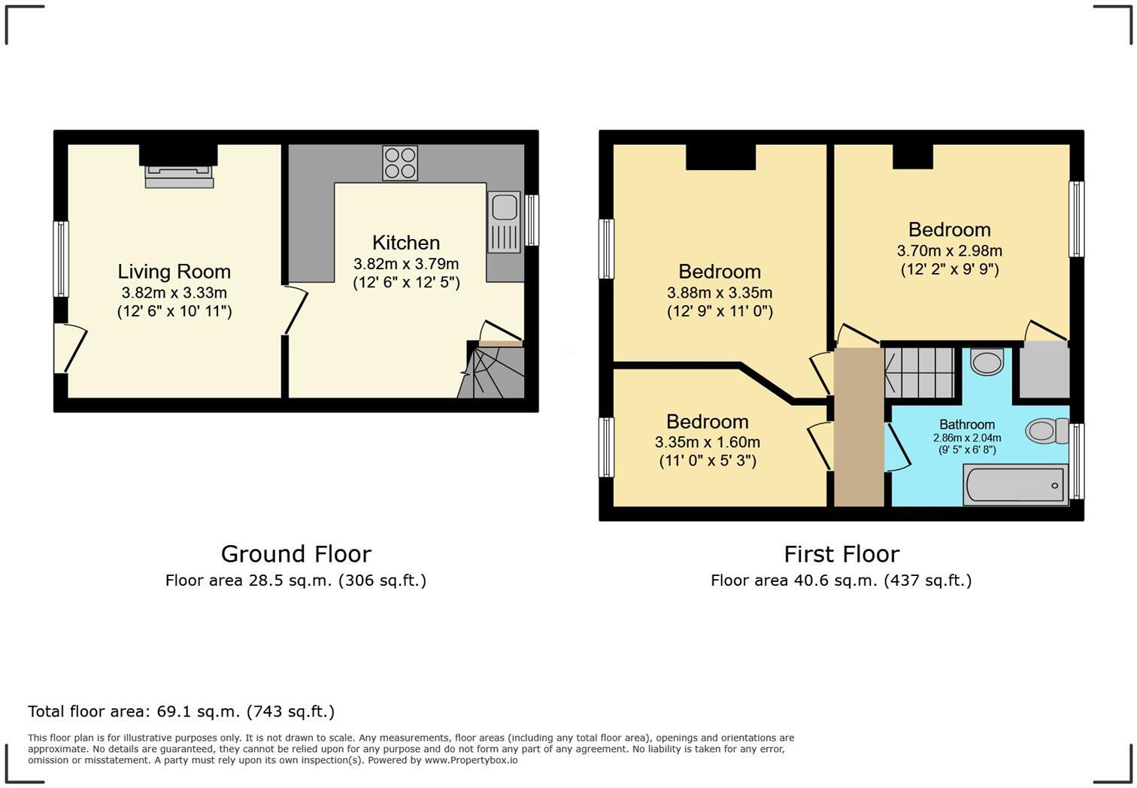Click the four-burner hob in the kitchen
pos(400,162)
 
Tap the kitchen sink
pos(503,222)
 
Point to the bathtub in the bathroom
pos(1015,485)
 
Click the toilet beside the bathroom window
pos(1047,431)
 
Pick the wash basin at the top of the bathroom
pos(987,362)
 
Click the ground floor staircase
pos(491,373)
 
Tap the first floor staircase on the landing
pos(919,373)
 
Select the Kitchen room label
pos(406,243)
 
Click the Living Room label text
pos(174,271)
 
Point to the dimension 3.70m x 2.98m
pos(949,251)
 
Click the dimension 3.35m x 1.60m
pos(707,442)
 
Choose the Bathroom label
pos(966,425)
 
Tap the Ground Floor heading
pos(296,554)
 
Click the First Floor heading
pos(841,554)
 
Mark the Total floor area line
pos(180,711)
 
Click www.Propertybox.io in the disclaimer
pos(471,760)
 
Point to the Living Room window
pos(61,259)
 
